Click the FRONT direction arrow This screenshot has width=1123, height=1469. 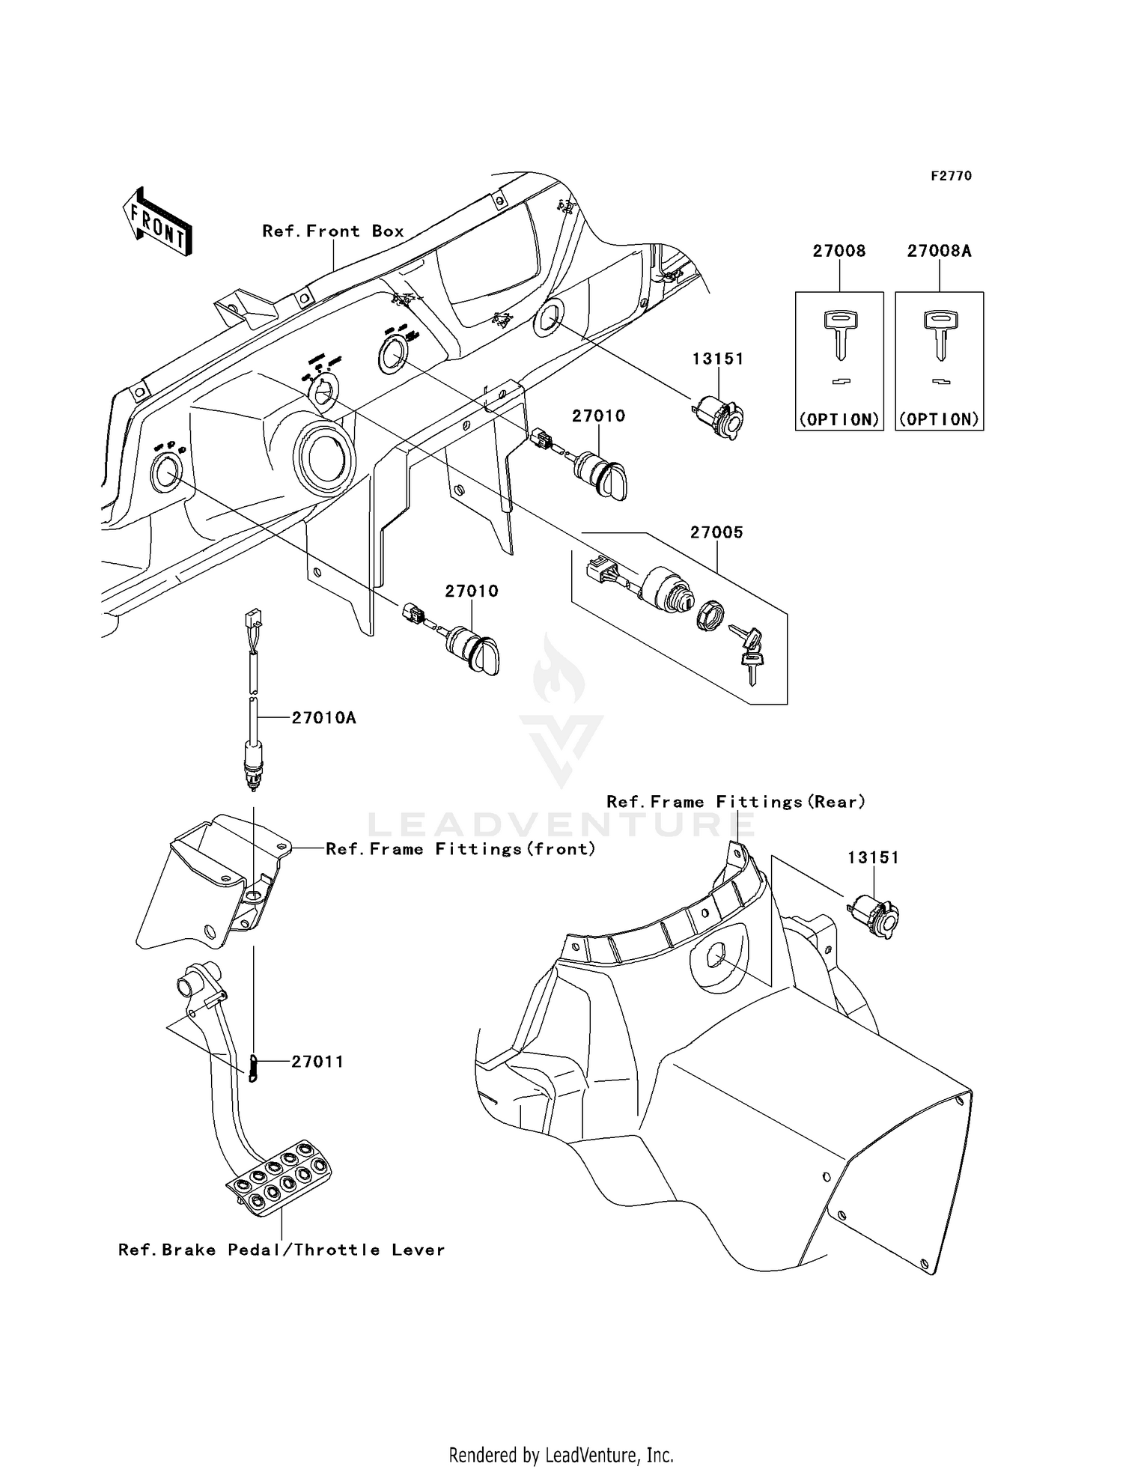pyautogui.click(x=158, y=222)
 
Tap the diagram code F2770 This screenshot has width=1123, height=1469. pyautogui.click(x=951, y=176)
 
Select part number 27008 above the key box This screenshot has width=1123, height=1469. pyautogui.click(x=839, y=252)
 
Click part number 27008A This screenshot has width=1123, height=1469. pyautogui.click(x=939, y=252)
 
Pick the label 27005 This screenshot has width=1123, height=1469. pyautogui.click(x=716, y=532)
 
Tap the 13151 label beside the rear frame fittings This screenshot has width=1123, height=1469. pyautogui.click(x=873, y=858)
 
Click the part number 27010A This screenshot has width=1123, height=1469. pyautogui.click(x=323, y=718)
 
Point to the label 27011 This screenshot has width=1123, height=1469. pyautogui.click(x=317, y=1061)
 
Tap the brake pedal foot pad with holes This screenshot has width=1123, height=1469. pyautogui.click(x=279, y=1176)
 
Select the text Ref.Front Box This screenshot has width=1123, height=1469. pyautogui.click(x=333, y=231)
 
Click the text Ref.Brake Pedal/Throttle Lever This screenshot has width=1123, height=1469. pyautogui.click(x=281, y=1250)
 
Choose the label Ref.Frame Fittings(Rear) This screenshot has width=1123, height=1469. pyautogui.click(x=736, y=802)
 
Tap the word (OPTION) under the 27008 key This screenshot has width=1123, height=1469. pyautogui.click(x=839, y=419)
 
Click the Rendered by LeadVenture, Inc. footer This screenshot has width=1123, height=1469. pyautogui.click(x=561, y=1455)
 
